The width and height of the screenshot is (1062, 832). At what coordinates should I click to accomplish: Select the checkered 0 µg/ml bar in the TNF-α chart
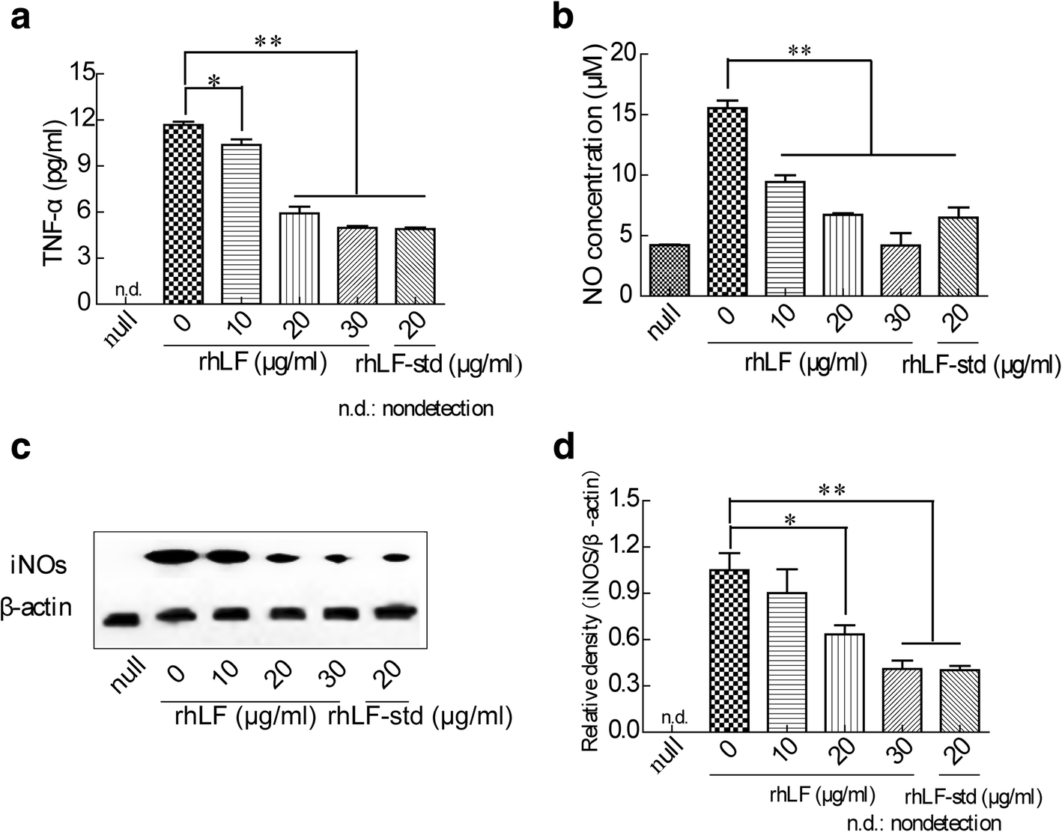(183, 214)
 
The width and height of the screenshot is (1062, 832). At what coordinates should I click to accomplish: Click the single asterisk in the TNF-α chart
(213, 82)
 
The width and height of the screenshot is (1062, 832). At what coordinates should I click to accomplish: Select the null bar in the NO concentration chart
(670, 270)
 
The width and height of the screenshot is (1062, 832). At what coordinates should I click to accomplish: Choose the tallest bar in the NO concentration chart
(727, 201)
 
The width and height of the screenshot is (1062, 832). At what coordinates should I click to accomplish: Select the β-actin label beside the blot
(36, 607)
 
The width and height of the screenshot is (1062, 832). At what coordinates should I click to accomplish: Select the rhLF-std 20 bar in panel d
(959, 700)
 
